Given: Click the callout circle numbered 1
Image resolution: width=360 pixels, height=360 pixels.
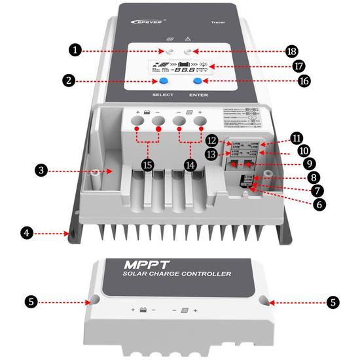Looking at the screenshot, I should (x=76, y=50).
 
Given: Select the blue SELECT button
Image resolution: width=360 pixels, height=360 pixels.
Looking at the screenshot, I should (x=159, y=81).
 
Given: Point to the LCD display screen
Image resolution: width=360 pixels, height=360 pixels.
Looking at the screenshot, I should (x=180, y=67).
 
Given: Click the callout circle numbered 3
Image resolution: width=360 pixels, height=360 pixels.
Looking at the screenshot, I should (x=41, y=170).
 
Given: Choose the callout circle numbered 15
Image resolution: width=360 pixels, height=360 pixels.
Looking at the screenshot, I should (x=147, y=164).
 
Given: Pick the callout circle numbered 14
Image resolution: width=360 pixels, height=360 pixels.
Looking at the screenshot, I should (x=190, y=164).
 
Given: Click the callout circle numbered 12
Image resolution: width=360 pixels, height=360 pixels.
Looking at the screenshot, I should (x=211, y=140).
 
